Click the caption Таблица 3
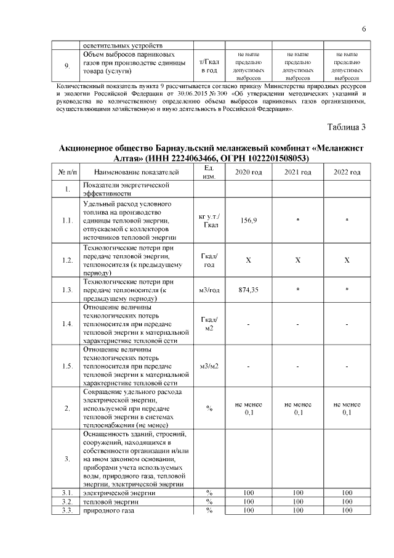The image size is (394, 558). point(347,128)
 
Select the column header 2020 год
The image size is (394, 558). point(249,172)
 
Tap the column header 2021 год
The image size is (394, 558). point(297,172)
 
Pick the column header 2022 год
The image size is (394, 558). point(347,172)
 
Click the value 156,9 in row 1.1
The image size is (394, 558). point(249,220)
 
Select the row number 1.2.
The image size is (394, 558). point(66,260)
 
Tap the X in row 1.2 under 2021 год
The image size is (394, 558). point(297,260)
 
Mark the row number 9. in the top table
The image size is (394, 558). point(66,66)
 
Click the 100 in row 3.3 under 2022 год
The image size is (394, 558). point(347,510)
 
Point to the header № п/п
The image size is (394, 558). point(66,172)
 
